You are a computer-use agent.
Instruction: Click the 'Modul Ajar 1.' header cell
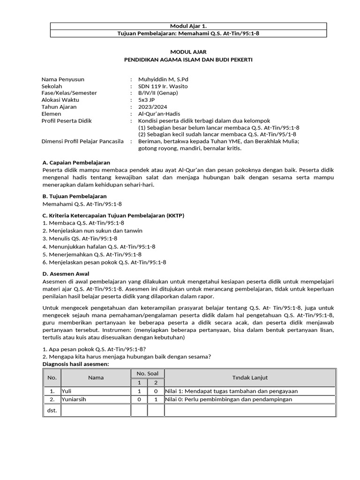click(187, 26)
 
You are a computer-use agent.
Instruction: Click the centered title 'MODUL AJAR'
click(187, 53)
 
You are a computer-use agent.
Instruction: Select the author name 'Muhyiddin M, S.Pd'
click(163, 79)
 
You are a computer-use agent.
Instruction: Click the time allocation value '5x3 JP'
click(147, 100)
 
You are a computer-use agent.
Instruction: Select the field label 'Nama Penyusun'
click(63, 79)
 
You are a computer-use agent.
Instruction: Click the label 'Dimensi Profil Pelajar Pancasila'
click(82, 141)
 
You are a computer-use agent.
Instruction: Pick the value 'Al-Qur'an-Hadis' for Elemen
click(159, 114)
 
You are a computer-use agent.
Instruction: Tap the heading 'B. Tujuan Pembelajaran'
click(75, 196)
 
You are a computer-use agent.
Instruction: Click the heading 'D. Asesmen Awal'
click(66, 273)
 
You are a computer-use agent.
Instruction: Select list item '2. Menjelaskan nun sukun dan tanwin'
click(92, 231)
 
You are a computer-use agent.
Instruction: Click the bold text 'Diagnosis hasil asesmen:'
click(75, 364)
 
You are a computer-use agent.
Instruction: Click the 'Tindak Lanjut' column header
click(250, 377)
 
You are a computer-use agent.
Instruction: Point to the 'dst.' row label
click(52, 411)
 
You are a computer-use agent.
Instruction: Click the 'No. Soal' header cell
click(147, 373)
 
